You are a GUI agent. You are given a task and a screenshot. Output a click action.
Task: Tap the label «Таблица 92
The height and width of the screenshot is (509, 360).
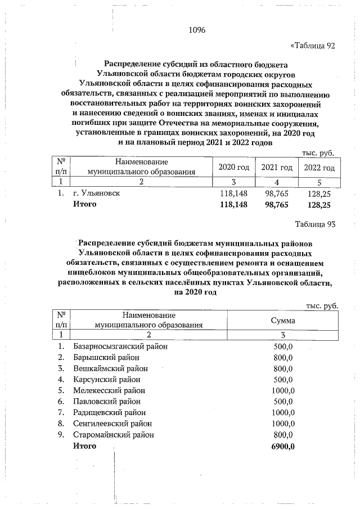point(312,46)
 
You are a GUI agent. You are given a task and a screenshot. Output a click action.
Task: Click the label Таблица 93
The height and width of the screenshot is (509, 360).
point(315,224)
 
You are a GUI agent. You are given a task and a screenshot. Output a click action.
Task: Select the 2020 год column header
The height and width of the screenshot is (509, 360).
point(233,168)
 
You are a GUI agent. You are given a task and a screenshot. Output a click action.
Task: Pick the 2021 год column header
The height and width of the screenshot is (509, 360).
point(277,168)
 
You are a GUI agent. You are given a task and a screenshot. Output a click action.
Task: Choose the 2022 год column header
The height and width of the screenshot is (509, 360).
point(319,168)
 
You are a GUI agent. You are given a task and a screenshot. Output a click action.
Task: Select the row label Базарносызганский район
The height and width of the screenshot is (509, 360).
point(120,346)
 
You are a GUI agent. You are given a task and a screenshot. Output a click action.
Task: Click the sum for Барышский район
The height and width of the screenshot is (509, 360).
point(283,358)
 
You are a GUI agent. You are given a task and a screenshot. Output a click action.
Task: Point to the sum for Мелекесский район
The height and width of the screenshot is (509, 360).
point(283,390)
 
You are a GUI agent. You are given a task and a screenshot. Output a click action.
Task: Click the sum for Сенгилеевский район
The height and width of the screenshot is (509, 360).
point(283,424)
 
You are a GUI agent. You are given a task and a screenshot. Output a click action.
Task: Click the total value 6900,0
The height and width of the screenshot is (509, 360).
point(283,446)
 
